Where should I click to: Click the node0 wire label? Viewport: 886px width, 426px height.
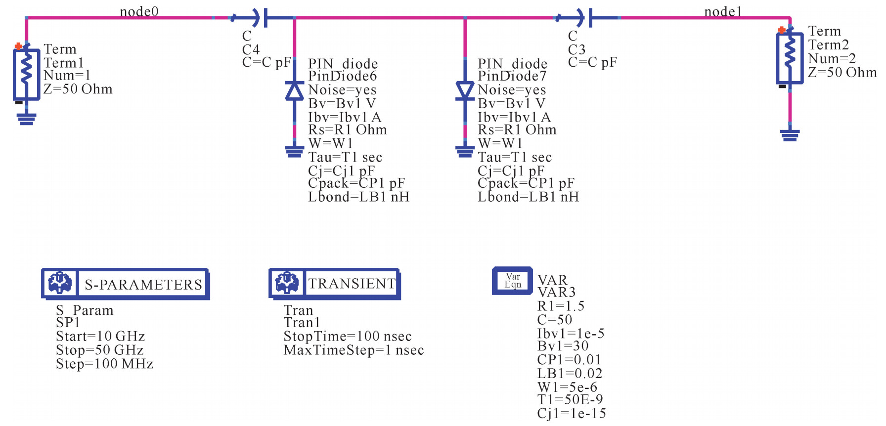point(139,11)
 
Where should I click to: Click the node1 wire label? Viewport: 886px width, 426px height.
point(723,11)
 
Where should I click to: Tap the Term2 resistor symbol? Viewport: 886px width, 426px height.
point(790,57)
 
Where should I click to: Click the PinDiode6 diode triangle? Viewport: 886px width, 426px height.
point(295,91)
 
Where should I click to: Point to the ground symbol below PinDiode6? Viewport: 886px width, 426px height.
point(295,151)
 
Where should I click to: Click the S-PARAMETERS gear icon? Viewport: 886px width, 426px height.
point(60,283)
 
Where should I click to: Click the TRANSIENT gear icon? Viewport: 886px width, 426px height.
point(287,283)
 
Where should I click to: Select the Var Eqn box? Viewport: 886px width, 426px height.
point(512,280)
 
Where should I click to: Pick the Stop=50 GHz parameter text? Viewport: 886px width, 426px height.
point(100,350)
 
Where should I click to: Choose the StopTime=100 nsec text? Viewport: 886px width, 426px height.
point(348,336)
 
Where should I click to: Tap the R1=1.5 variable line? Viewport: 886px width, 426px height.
point(561,306)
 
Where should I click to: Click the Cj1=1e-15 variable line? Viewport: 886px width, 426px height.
point(572,413)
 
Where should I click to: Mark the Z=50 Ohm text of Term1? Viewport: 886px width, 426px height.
point(78,89)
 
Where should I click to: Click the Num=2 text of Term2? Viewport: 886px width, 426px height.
point(832,58)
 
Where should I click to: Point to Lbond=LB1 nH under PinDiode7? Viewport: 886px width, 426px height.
point(528,197)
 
